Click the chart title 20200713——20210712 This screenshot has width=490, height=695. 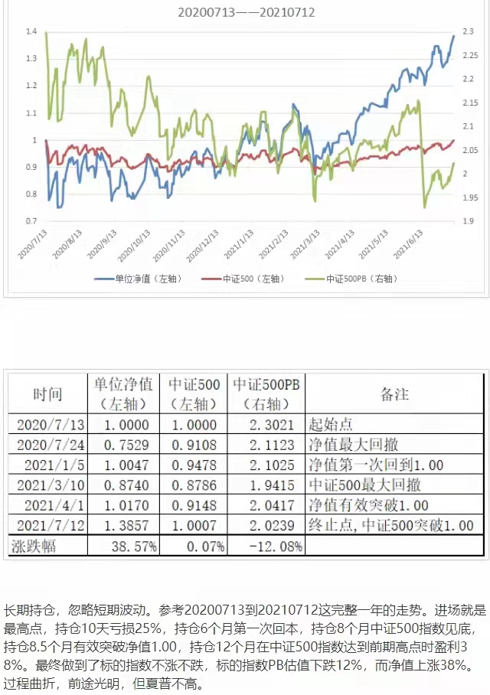click(x=246, y=12)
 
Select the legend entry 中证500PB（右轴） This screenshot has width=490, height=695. click(x=362, y=279)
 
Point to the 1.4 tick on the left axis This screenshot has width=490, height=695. click(x=31, y=31)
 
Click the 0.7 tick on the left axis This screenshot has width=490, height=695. click(x=31, y=221)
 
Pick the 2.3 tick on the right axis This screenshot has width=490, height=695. click(x=469, y=31)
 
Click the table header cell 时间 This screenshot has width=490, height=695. click(x=47, y=394)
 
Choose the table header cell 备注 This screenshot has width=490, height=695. click(x=395, y=394)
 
